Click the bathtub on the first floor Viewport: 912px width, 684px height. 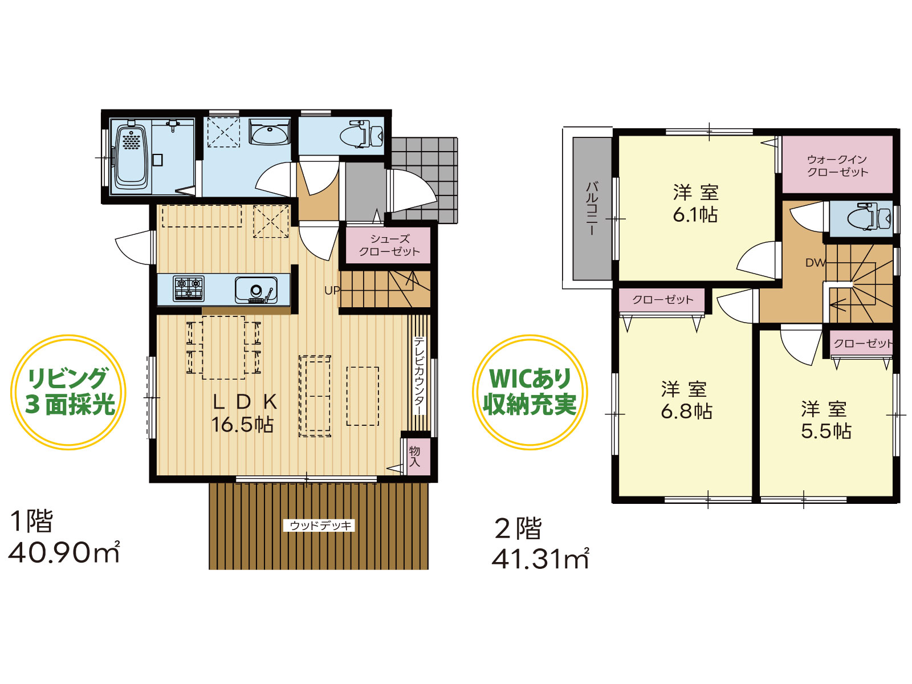click(132, 158)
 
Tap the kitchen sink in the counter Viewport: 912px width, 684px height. click(256, 290)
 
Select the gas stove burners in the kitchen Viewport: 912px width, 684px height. click(189, 288)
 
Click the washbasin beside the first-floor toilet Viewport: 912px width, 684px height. click(269, 132)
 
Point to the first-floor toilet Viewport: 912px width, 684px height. click(361, 134)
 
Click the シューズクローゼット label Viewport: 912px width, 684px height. click(389, 245)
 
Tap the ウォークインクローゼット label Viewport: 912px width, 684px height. click(837, 166)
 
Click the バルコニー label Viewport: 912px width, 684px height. click(592, 209)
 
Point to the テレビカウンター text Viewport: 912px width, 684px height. click(419, 376)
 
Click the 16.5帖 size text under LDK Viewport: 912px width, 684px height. click(242, 425)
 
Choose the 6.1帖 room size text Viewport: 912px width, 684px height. click(695, 215)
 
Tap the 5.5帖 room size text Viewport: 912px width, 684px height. click(826, 431)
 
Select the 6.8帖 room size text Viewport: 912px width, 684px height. click(686, 411)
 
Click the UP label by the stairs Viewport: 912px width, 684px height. click(332, 290)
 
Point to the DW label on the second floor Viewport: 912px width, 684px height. click(815, 262)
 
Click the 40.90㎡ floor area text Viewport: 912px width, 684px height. click(64, 552)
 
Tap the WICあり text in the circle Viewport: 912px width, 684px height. click(530, 377)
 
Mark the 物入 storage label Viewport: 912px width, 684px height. click(414, 457)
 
